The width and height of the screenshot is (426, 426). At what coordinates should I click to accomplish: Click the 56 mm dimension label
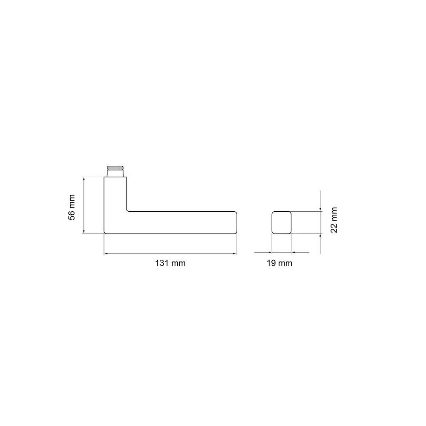[72, 207]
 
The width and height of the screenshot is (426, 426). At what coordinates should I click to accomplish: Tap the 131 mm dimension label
[170, 263]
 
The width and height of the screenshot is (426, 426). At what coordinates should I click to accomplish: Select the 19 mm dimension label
[279, 263]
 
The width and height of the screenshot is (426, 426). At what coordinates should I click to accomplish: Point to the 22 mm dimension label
[334, 220]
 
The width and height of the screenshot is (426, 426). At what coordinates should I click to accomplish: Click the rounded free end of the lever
[236, 222]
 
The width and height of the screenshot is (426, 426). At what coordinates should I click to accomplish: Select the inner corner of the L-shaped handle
[128, 210]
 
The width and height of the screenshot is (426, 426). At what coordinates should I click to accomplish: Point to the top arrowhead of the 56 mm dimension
[84, 179]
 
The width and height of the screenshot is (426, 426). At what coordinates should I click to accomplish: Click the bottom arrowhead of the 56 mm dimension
[84, 231]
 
